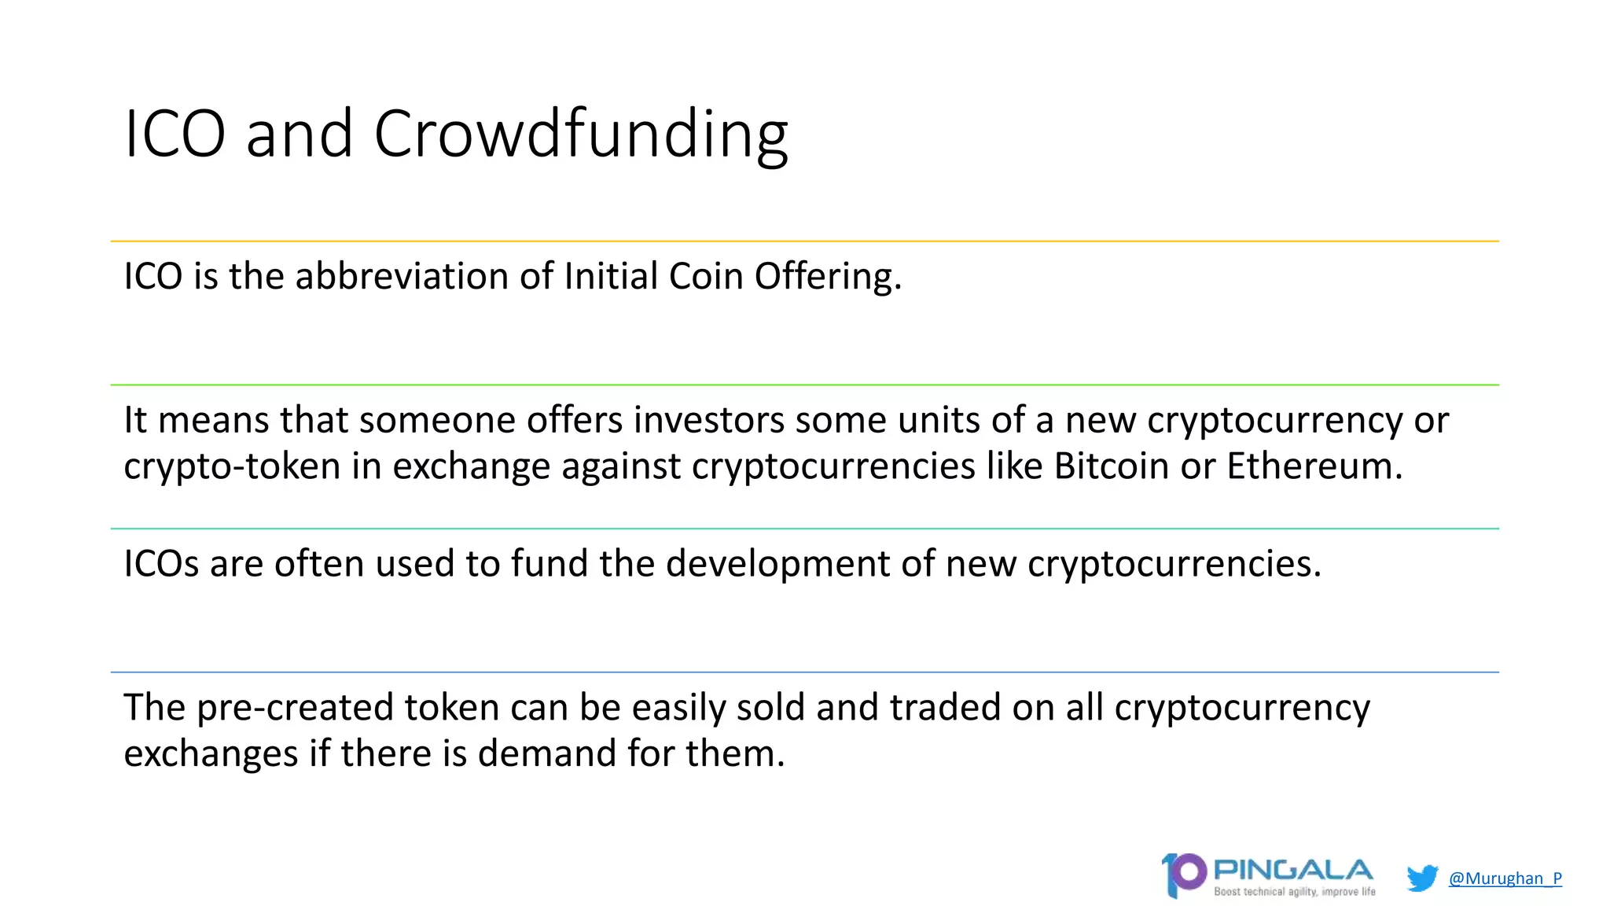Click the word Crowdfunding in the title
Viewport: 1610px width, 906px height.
(580, 134)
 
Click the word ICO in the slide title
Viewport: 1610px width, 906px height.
(175, 134)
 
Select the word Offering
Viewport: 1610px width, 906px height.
(828, 276)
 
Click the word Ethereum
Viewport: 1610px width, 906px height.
(1314, 466)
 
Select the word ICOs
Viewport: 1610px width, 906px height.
(161, 564)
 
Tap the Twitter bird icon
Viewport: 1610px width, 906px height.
(1421, 878)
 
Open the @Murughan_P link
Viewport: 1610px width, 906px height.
(1505, 878)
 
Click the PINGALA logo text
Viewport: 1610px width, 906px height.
(1293, 870)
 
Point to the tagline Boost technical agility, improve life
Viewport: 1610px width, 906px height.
(1295, 891)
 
